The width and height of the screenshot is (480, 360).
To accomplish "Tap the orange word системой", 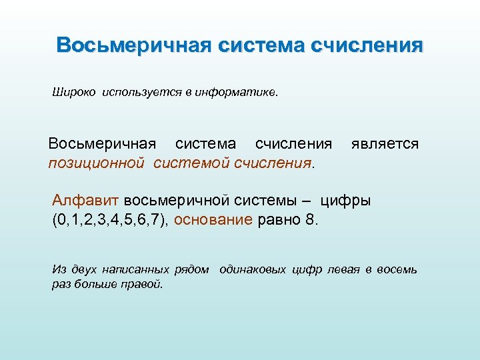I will pos(191,163).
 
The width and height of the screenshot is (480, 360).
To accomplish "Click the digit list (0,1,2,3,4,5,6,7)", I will pos(111,220).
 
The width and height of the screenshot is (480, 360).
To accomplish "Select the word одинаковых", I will pos(256,269).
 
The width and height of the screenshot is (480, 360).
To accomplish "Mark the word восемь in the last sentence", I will pos(397,269).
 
